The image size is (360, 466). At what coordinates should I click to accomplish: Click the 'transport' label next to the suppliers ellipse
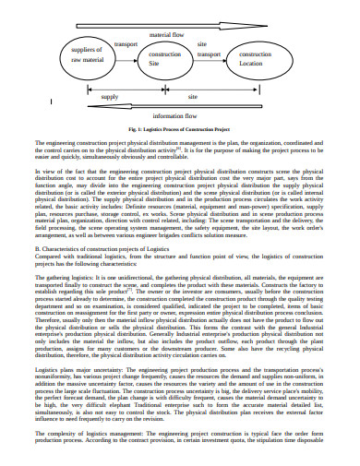click(125, 43)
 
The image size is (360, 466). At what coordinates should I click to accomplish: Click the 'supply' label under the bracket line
click(110, 95)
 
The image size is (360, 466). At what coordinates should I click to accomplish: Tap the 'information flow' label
click(180, 117)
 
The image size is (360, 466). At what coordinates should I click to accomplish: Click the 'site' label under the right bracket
click(193, 95)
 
